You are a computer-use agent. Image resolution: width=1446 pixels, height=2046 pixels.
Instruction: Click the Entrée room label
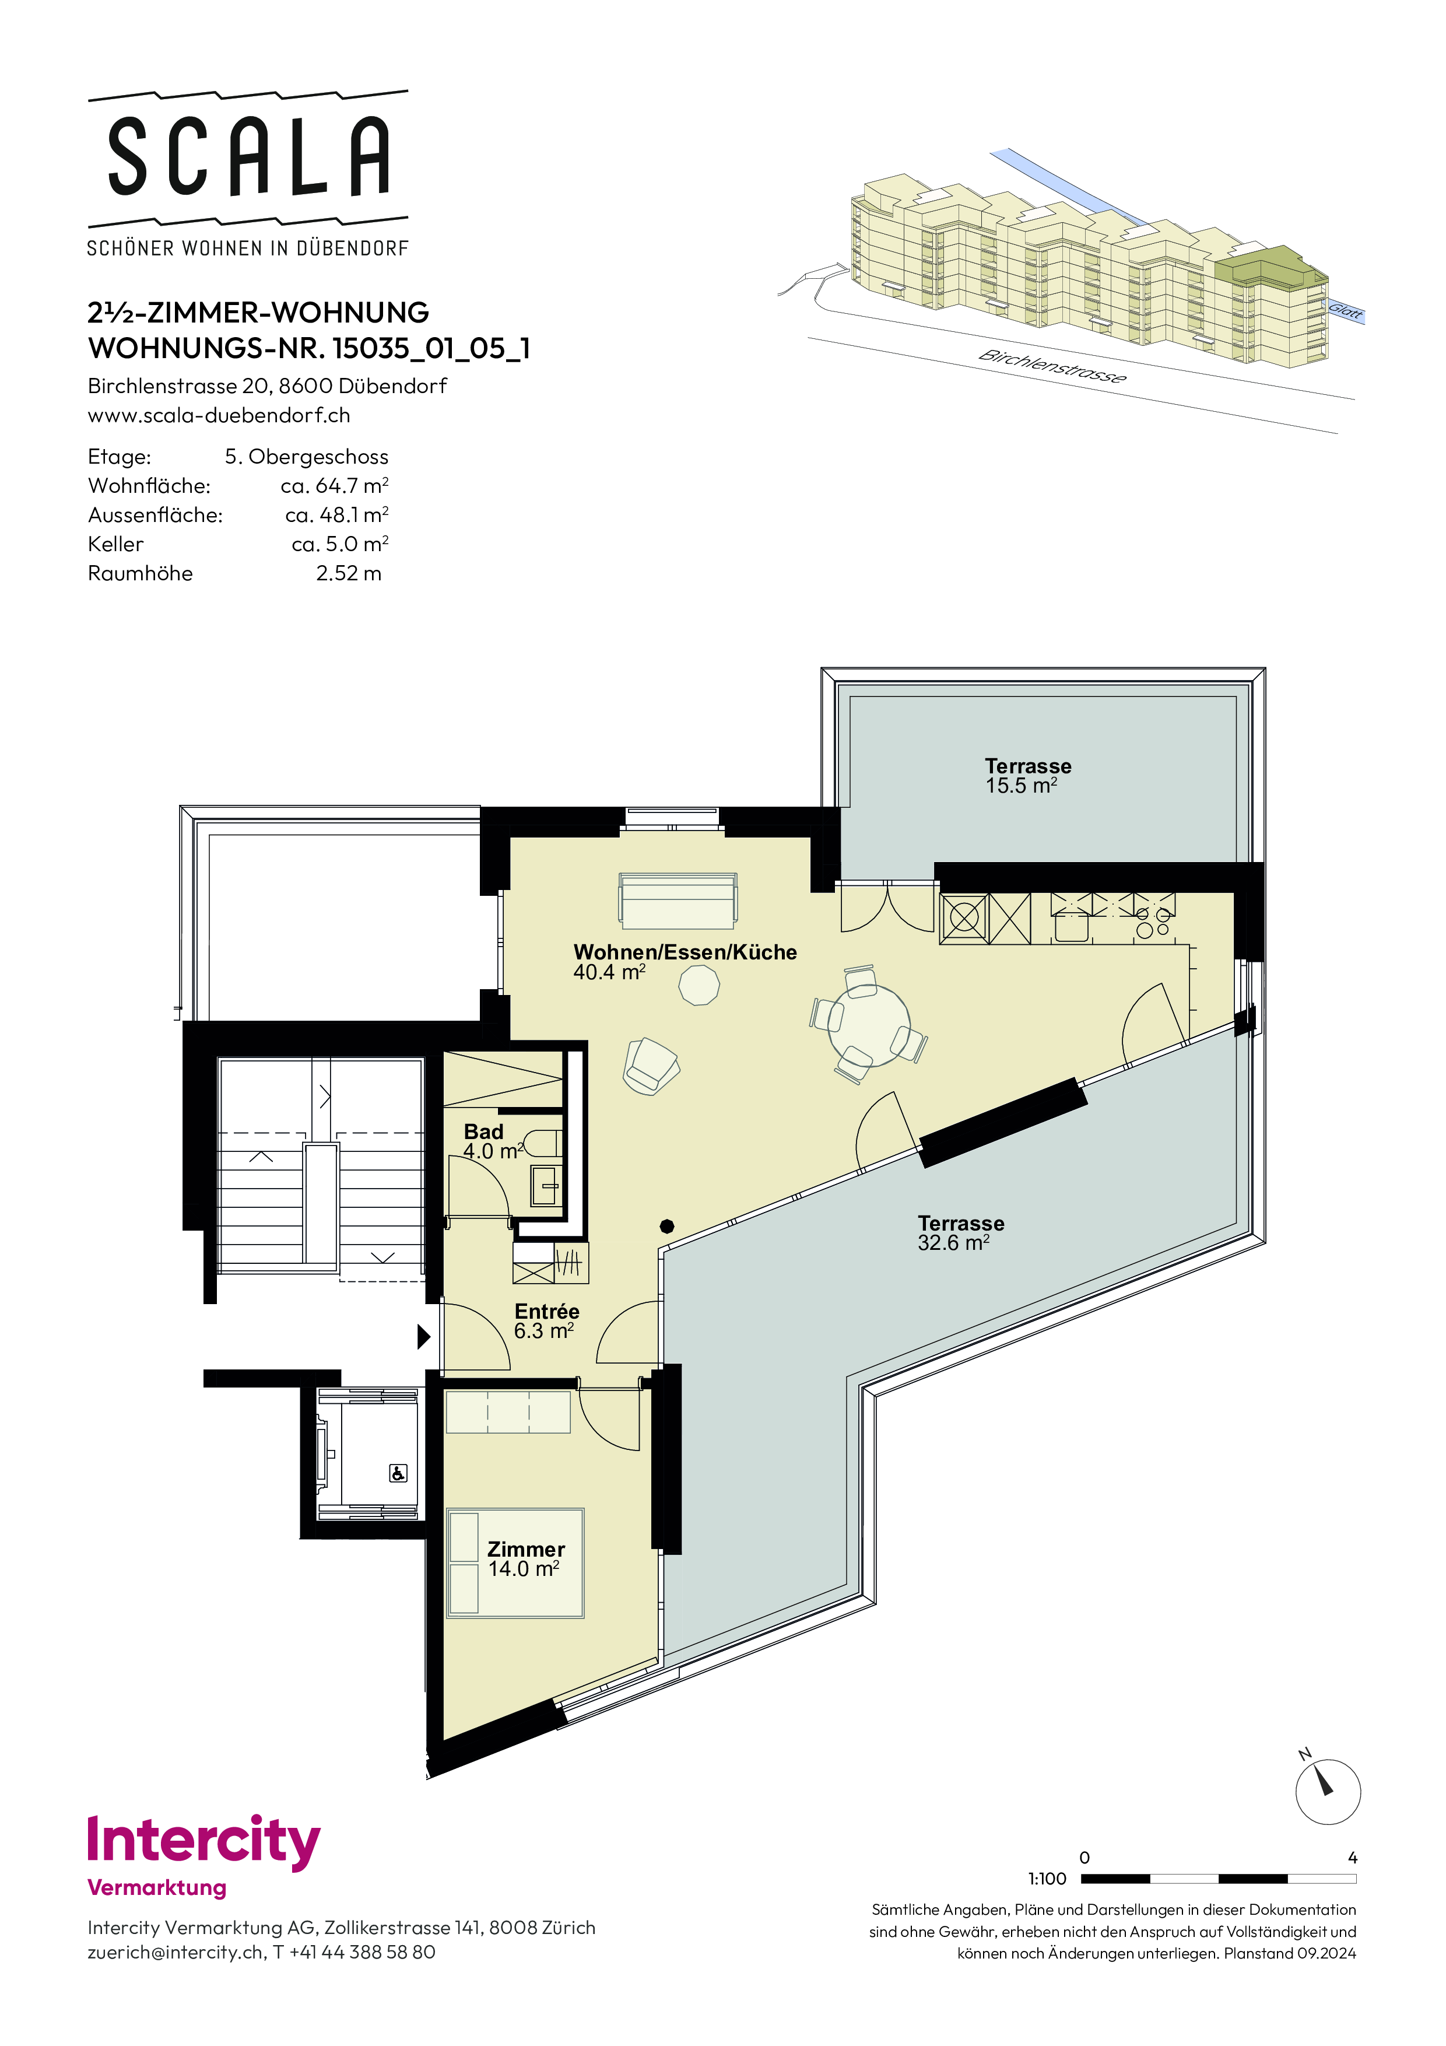tap(547, 1311)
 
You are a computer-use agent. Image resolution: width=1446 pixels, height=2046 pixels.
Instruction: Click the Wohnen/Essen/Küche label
tap(685, 952)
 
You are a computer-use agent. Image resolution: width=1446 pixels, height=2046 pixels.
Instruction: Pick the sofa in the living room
tap(678, 901)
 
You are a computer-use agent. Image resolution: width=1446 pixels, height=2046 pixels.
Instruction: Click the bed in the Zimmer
tap(515, 1563)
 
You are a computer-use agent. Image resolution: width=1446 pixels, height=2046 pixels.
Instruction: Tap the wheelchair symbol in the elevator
tap(398, 1473)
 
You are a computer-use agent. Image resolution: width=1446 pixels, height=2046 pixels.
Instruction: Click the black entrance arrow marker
tap(424, 1336)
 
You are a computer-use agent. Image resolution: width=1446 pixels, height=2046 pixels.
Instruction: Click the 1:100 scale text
tap(1047, 1879)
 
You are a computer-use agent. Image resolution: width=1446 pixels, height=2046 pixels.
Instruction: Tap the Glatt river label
tap(1345, 310)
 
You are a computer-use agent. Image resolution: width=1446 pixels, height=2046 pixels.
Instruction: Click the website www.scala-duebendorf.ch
tap(219, 415)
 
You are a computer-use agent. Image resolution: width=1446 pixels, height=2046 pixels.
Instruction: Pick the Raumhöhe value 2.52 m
tap(348, 573)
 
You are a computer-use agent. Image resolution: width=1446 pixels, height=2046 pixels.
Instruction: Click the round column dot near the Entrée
tap(666, 1226)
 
